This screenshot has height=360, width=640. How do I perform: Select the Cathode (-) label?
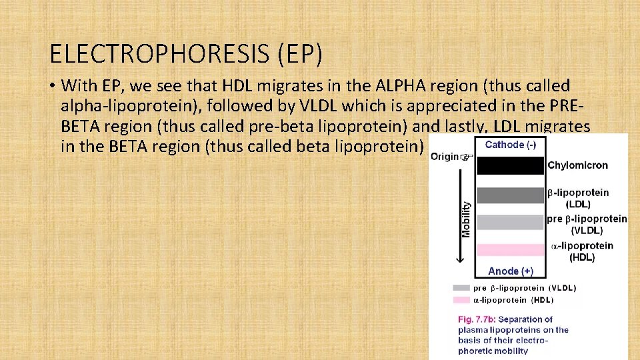[510, 145]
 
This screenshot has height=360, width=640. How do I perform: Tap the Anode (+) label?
[510, 271]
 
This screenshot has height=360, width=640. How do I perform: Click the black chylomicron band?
[510, 165]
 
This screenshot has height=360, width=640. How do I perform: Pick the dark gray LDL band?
[510, 195]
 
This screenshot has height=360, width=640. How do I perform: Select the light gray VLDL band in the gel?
[510, 222]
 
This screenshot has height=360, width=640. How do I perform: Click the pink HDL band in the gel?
[510, 250]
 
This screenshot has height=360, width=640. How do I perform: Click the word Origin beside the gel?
[444, 157]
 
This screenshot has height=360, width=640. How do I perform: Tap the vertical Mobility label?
[466, 220]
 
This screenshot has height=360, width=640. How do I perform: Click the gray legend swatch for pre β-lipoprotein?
[461, 288]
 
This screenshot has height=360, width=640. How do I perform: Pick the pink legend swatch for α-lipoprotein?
[461, 300]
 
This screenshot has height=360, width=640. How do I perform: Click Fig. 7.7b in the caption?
[478, 319]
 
